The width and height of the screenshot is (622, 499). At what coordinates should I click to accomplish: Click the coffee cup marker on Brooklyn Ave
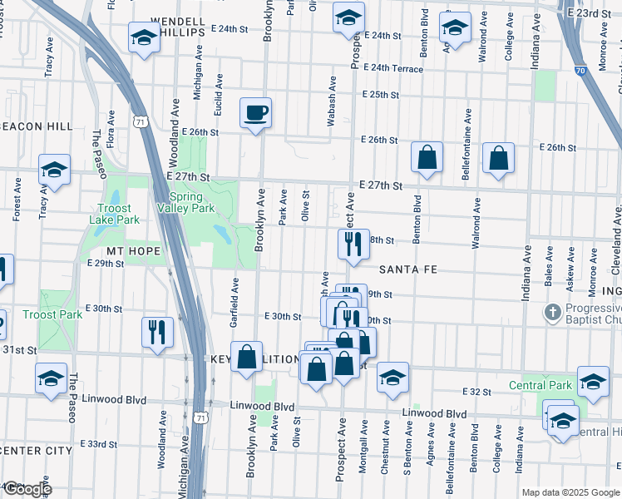[256, 112]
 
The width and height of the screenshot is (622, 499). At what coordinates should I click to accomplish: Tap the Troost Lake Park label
[114, 214]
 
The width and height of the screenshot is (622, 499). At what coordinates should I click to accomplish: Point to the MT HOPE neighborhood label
[131, 249]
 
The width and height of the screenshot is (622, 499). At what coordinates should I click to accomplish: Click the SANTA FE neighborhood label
[407, 270]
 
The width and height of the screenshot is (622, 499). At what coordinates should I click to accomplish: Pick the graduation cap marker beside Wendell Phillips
[144, 37]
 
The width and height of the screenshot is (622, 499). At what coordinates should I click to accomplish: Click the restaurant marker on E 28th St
[353, 244]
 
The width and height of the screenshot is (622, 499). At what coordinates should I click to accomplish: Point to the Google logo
[27, 489]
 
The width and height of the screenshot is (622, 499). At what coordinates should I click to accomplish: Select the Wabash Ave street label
[332, 101]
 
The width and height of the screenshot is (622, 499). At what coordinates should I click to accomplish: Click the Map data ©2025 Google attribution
[570, 492]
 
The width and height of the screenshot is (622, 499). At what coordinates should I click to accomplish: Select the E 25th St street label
[381, 95]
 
